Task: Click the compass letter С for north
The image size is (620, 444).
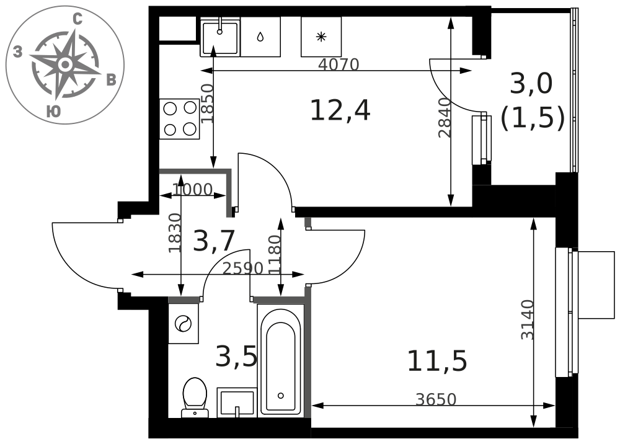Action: coord(78,19)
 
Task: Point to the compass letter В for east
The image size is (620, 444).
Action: coord(112,80)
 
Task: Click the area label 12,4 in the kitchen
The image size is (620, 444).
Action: coord(340,110)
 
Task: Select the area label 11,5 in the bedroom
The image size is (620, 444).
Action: coord(437,360)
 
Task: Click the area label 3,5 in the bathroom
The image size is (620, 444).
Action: coord(236,355)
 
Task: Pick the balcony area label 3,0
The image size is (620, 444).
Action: coord(531,84)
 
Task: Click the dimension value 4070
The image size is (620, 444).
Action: coord(339,64)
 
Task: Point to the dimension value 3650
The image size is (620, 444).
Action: coord(436,399)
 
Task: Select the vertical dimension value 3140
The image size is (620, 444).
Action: coord(527,320)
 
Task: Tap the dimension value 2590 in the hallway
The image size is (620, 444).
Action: coord(243,269)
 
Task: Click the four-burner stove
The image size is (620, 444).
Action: coord(180,118)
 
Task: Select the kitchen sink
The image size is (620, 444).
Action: coord(220,38)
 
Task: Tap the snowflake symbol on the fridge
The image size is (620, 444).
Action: coord(321,37)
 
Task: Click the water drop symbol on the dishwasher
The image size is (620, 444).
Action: coord(260,37)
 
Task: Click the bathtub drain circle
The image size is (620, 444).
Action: coord(281,396)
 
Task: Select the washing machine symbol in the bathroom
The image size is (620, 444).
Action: coord(183,324)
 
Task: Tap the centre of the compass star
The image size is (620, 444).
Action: coord(65,64)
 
